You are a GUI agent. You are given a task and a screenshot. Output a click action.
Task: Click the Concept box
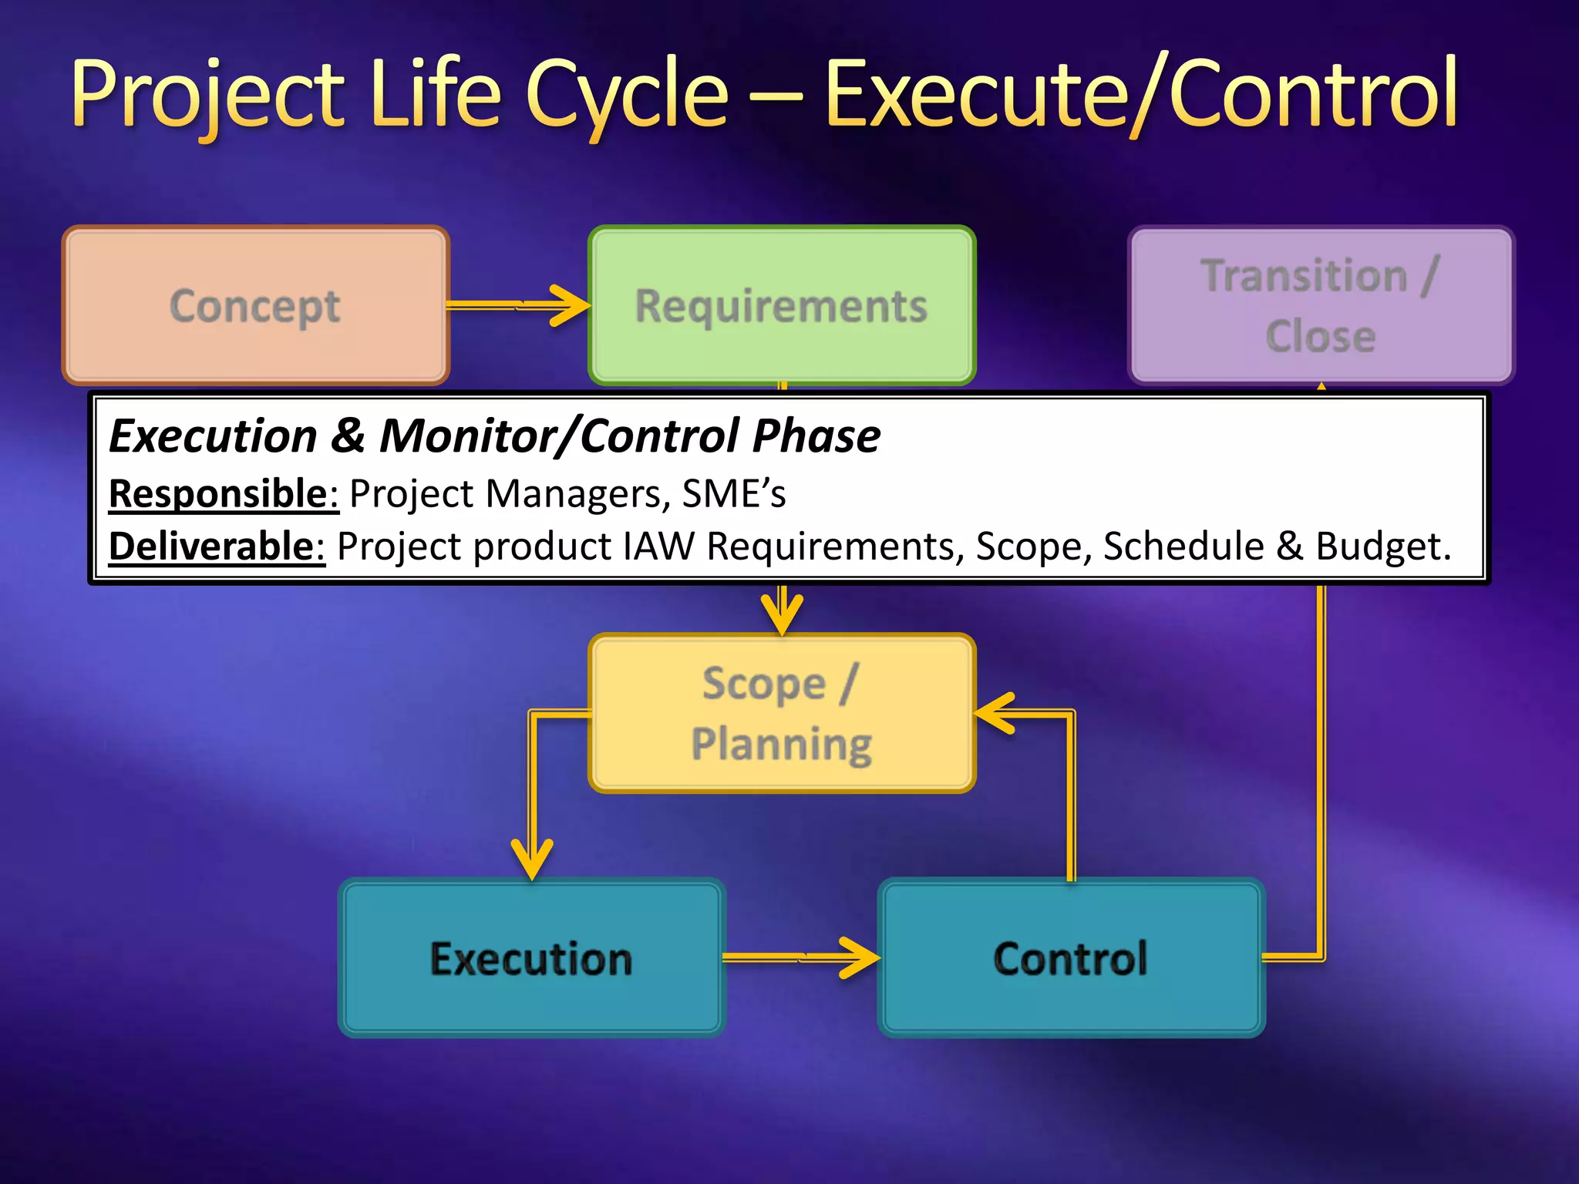[255, 305]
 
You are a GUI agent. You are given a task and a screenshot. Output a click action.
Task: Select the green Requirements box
[781, 305]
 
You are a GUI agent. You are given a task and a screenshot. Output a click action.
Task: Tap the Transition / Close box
[1320, 305]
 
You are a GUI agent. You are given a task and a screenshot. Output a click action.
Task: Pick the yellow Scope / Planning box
[781, 713]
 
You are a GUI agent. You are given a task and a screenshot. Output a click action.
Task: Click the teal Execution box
[531, 957]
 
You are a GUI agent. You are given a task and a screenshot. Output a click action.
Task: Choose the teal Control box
[1070, 957]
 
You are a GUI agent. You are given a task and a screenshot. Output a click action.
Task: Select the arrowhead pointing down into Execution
[532, 859]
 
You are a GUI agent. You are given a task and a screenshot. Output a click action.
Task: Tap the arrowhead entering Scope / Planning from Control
[995, 714]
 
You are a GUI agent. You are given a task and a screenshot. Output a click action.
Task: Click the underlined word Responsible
[223, 493]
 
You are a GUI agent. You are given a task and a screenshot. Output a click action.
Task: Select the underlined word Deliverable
[216, 546]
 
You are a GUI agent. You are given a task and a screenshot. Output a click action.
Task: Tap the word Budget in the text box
[1381, 546]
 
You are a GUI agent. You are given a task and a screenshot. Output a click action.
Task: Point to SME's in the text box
[733, 493]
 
